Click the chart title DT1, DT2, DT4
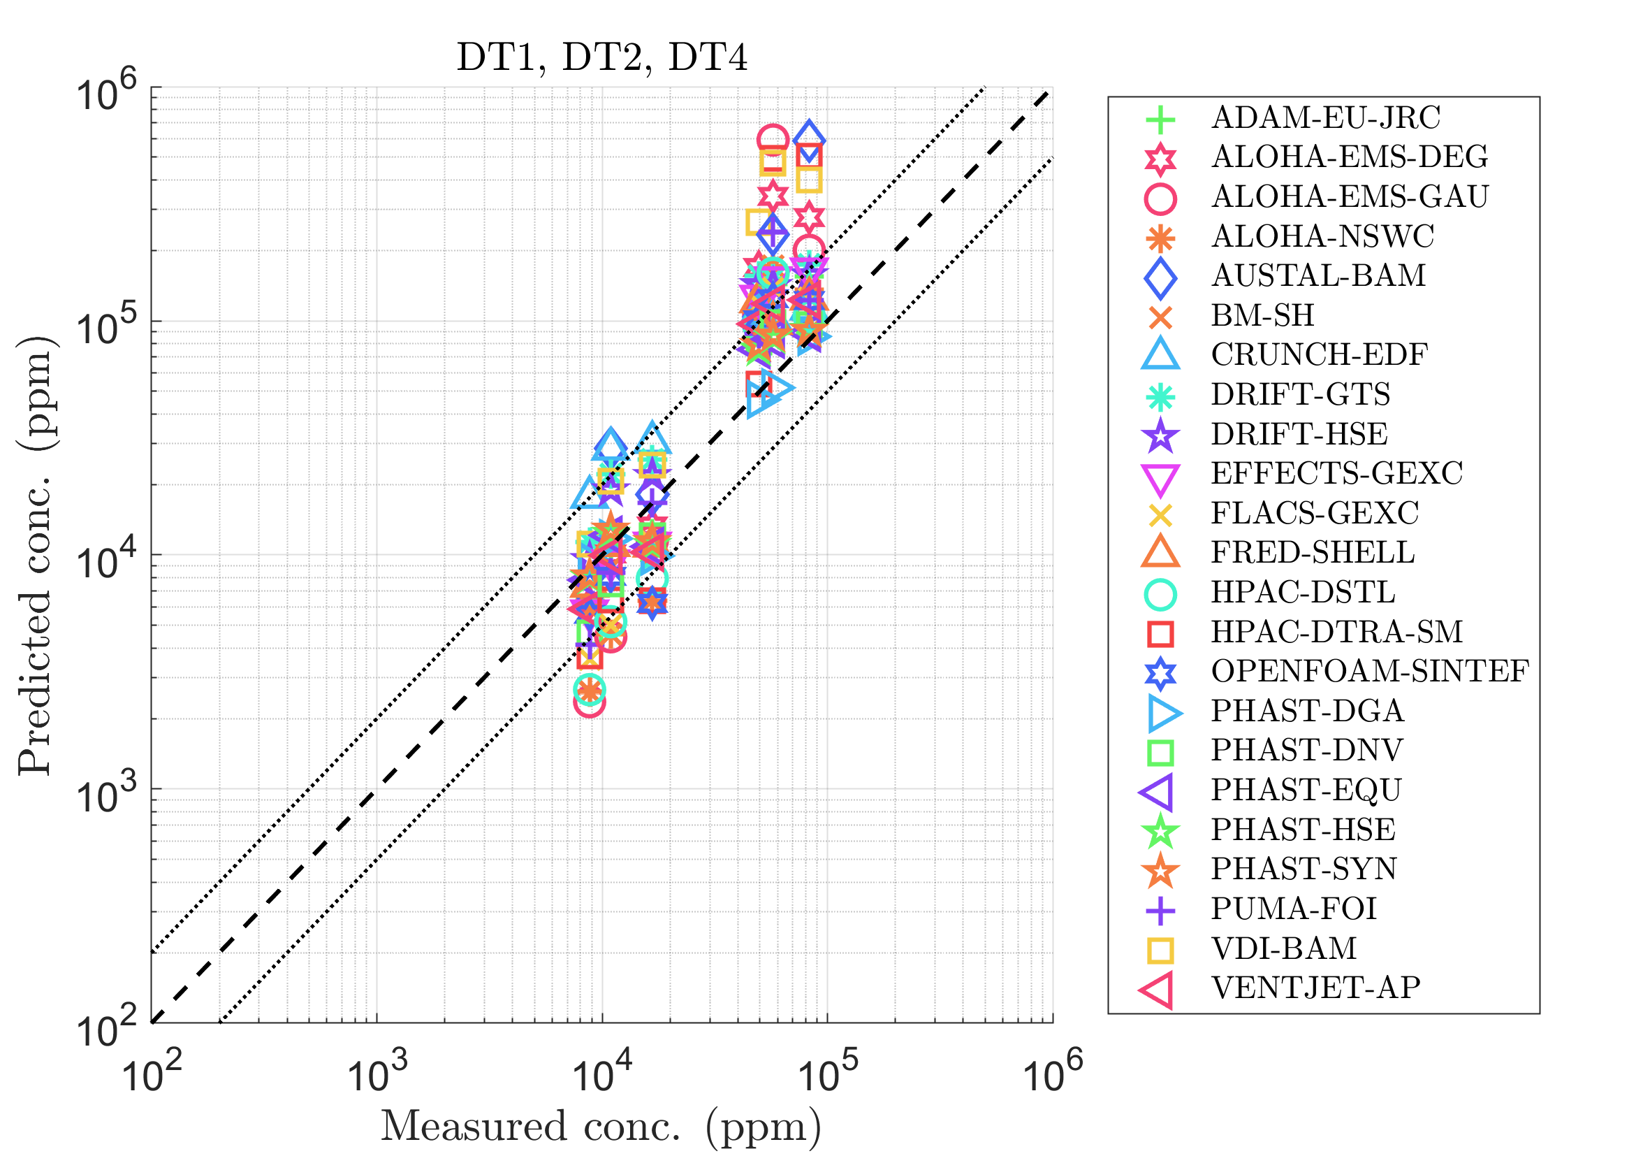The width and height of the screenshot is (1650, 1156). pos(601,57)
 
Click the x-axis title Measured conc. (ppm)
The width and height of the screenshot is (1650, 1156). pos(601,1126)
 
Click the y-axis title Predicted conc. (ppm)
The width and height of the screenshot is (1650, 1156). pos(36,555)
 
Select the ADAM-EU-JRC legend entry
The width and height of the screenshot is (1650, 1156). pos(1325,118)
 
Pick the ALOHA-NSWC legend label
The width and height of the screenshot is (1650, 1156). pos(1322,236)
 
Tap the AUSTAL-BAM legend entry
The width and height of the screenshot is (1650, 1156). pos(1318,276)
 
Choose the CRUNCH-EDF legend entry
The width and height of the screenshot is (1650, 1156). pos(1319,355)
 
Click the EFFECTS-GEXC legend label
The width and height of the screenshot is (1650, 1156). pos(1336,474)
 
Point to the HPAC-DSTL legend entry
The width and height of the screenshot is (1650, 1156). pos(1302,593)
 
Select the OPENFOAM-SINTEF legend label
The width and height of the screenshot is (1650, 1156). pos(1370,672)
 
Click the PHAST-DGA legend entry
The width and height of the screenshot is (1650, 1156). pos(1306,711)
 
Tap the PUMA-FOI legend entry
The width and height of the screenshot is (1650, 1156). pos(1294,909)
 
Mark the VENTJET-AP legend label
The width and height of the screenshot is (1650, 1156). pos(1315,988)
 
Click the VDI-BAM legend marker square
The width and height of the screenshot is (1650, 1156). pos(1160,950)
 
